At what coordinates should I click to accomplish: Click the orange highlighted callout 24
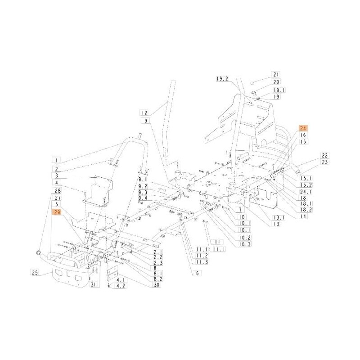(x=301, y=128)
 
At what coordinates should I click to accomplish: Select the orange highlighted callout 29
(x=57, y=211)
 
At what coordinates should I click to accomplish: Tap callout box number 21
(x=276, y=75)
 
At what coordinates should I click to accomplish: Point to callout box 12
(x=144, y=113)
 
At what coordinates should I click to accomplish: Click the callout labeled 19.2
(x=222, y=79)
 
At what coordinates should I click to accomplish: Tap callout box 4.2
(x=120, y=286)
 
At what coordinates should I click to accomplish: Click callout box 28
(x=57, y=191)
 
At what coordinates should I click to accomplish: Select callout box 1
(x=57, y=160)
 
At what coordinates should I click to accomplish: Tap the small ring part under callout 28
(x=39, y=250)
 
